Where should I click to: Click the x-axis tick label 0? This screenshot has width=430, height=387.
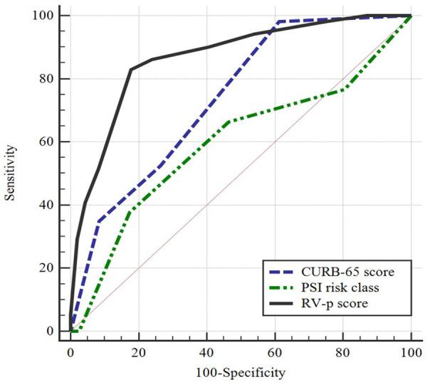click(70, 354)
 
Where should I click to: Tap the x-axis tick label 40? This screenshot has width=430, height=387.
click(206, 354)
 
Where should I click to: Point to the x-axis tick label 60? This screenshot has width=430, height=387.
click(275, 354)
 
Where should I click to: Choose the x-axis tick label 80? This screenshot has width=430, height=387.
click(342, 354)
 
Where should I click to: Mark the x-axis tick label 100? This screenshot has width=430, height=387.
click(411, 354)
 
